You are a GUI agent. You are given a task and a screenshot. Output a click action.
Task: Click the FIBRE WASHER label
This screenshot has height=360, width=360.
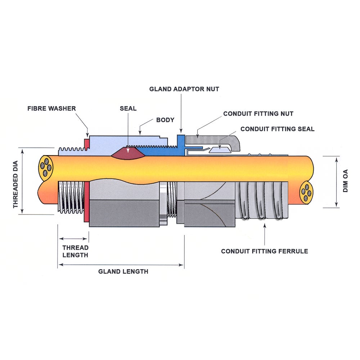point(51,108)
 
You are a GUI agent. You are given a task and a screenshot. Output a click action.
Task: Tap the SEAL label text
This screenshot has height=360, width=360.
point(128,108)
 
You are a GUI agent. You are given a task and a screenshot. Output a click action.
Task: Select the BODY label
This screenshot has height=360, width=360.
point(165,120)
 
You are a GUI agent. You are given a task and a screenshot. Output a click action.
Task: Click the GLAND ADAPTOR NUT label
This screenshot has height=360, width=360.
point(184,89)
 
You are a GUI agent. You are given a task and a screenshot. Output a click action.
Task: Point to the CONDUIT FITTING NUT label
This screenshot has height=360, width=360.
point(258,114)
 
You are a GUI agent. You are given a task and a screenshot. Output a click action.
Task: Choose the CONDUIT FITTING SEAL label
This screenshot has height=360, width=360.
point(277,129)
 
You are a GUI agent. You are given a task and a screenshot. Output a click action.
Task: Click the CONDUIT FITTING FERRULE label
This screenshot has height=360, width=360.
point(264,251)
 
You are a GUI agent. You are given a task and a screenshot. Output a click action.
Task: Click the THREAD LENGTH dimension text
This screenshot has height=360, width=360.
point(75,251)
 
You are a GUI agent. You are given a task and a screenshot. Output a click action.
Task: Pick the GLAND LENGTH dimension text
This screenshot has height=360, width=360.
point(123,271)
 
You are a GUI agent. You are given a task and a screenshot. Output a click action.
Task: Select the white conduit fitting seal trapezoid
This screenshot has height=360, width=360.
point(220,150)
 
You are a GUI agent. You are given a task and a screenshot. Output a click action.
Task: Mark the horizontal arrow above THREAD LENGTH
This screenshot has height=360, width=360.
point(73,239)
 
